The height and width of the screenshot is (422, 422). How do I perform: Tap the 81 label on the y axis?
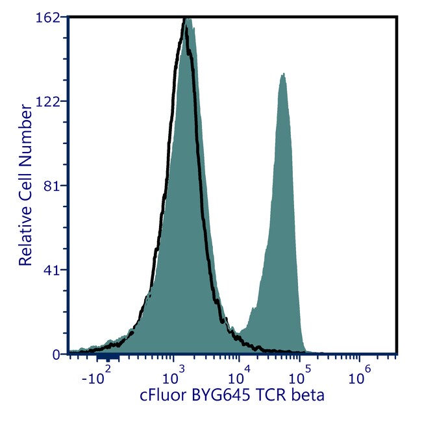(53, 186)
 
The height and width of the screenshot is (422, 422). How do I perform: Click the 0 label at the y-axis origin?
(56, 354)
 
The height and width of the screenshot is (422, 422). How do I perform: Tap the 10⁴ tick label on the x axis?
(238, 375)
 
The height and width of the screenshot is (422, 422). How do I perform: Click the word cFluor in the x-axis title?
(162, 395)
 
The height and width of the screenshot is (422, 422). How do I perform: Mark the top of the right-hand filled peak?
(282, 75)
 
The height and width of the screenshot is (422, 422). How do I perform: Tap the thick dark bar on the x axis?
(107, 356)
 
